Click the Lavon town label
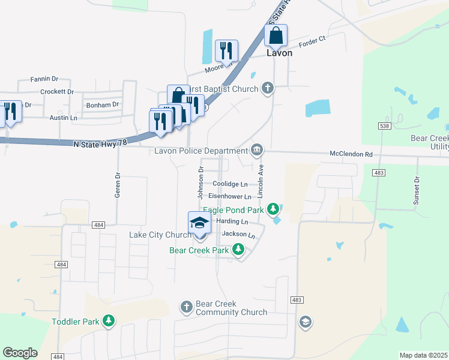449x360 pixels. click(279, 53)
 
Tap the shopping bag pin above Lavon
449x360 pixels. click(276, 36)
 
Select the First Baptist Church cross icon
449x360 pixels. click(268, 89)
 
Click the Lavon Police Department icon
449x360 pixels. click(257, 149)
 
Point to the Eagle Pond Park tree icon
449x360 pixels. click(274, 209)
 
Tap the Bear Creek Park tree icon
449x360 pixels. click(238, 249)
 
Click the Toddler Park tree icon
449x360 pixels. click(108, 322)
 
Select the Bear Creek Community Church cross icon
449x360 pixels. click(186, 307)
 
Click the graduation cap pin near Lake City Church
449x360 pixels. click(199, 224)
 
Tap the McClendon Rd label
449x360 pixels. click(351, 154)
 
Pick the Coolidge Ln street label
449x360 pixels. click(230, 184)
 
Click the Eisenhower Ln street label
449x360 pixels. click(230, 196)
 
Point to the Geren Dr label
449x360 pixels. click(118, 186)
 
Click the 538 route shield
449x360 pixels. click(385, 126)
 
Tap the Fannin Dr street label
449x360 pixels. click(46, 79)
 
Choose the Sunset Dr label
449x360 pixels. click(416, 191)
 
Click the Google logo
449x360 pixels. click(20, 353)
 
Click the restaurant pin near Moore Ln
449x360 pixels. click(226, 51)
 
